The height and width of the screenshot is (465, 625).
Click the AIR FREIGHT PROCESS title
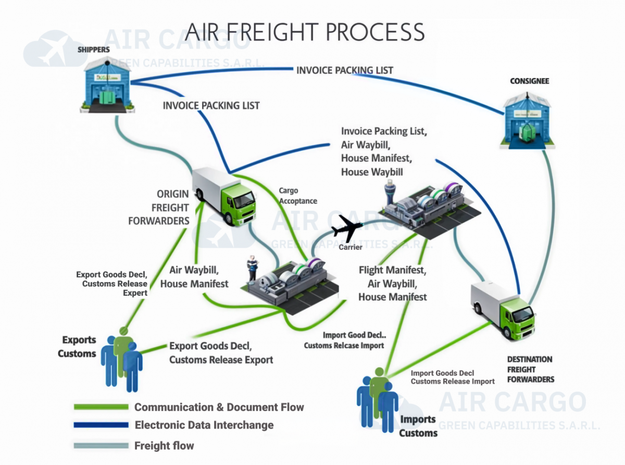click(x=305, y=32)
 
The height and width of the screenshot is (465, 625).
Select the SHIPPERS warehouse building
click(x=107, y=83)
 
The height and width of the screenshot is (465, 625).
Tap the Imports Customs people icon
click(x=378, y=398)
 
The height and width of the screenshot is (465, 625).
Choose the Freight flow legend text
click(x=164, y=446)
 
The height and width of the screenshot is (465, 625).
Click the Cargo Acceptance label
click(x=297, y=196)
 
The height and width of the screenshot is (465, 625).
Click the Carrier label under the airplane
click(x=351, y=247)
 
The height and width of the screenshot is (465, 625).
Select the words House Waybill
click(x=372, y=172)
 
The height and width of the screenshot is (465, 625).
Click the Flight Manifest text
click(x=392, y=270)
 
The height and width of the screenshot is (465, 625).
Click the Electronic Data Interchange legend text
click(x=204, y=425)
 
